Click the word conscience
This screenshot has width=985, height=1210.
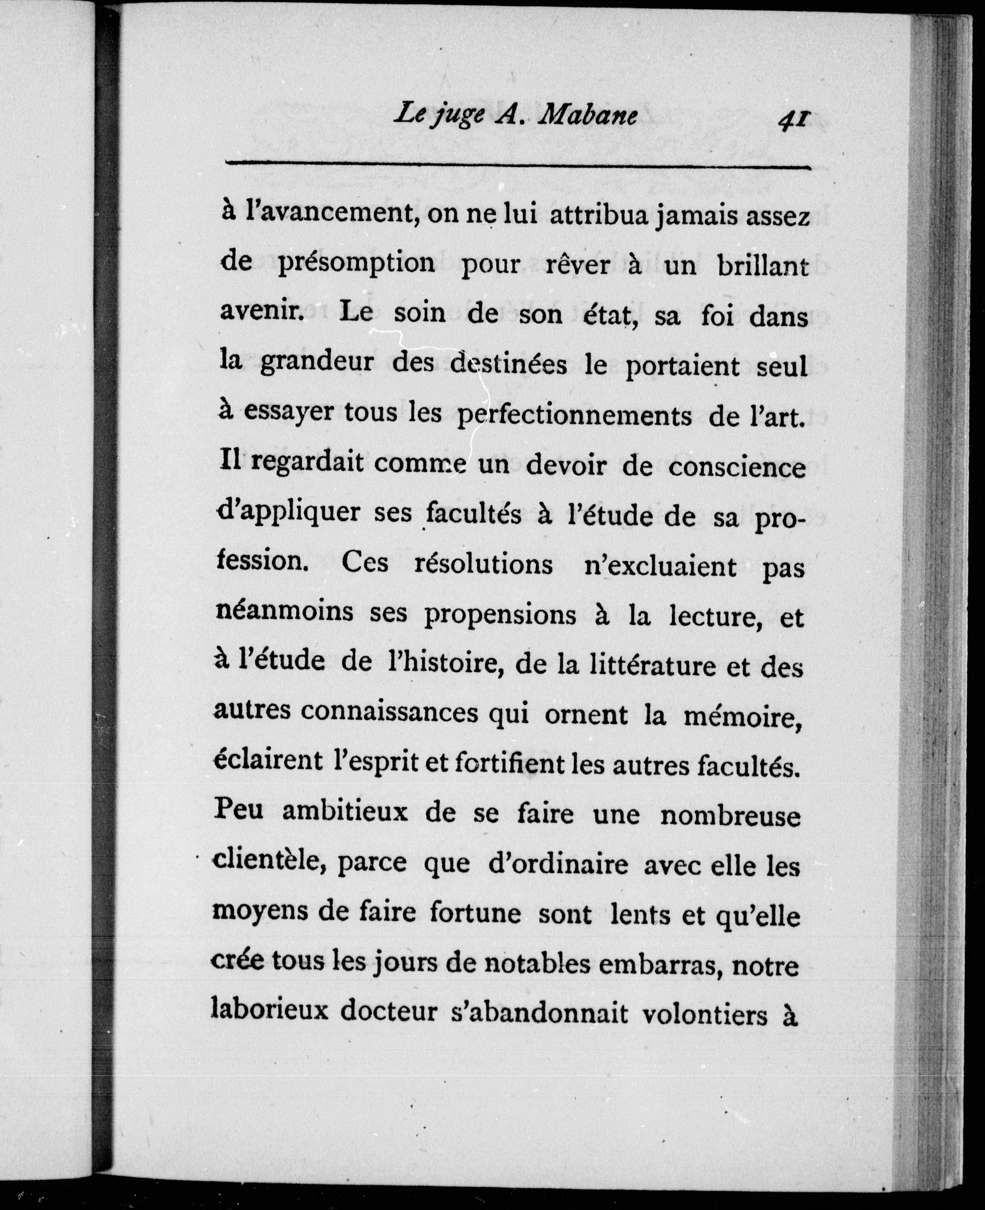click(x=737, y=467)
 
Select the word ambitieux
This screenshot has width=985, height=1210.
click(x=344, y=812)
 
